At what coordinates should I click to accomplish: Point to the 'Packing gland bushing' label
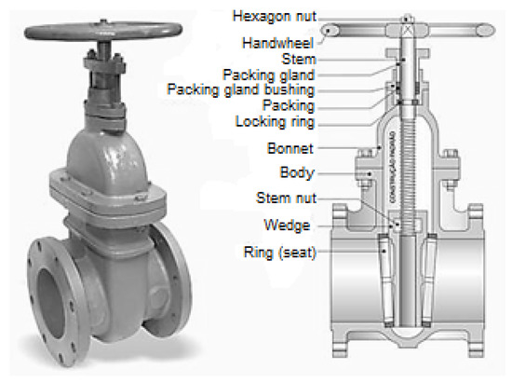tap(240, 90)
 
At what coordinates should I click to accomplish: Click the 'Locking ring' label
tap(275, 121)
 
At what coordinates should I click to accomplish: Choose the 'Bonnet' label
tap(290, 149)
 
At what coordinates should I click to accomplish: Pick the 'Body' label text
tap(297, 173)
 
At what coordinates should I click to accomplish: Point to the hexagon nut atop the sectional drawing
tap(406, 16)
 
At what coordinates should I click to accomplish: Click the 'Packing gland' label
tap(269, 75)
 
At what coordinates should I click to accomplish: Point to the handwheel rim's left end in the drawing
tap(329, 31)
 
